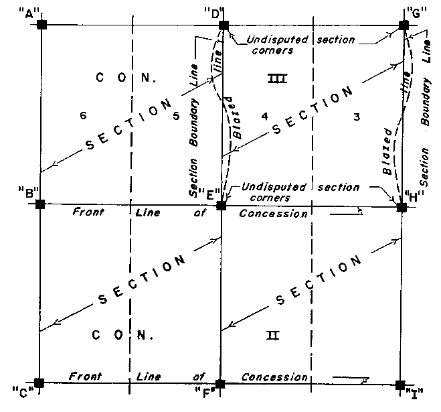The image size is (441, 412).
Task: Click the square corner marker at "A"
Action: [41, 25]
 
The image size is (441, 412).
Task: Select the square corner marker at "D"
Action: [223, 25]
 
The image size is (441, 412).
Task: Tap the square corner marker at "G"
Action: [404, 25]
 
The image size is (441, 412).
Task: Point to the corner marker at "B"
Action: [40, 204]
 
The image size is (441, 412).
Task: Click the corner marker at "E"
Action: [222, 204]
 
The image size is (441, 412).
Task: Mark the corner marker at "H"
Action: [402, 207]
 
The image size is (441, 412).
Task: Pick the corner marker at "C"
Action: [39, 383]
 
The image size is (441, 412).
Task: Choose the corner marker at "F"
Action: [221, 384]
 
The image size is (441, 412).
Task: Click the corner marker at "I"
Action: [400, 385]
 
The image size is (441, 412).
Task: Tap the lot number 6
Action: [83, 116]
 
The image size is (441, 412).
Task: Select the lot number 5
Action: [177, 116]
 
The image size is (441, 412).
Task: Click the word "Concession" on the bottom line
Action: [274, 378]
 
